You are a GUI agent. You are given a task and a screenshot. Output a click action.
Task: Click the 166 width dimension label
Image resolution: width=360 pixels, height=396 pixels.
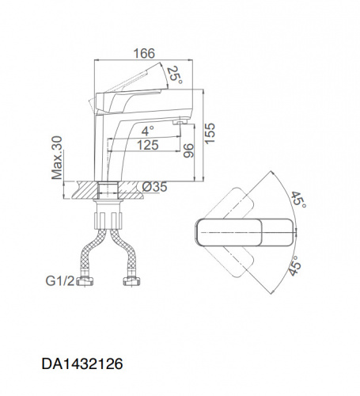click(144, 54)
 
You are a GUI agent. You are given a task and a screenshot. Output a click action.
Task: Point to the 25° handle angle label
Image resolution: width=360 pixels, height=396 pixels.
click(175, 75)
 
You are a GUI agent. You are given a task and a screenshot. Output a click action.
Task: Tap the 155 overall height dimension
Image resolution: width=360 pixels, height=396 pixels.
click(210, 133)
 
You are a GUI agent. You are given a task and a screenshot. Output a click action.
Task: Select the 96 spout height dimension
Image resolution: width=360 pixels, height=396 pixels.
click(188, 150)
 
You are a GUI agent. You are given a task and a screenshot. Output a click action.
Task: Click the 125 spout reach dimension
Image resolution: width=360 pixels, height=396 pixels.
click(148, 145)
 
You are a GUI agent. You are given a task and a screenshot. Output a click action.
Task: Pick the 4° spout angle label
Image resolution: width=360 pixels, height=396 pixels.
click(148, 131)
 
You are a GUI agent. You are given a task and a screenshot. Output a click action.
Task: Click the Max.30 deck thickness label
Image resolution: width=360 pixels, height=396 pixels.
click(57, 158)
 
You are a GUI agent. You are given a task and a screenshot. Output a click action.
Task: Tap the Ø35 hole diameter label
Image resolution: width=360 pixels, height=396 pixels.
click(154, 187)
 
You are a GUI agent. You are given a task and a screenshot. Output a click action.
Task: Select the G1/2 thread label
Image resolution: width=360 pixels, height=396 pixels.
click(60, 281)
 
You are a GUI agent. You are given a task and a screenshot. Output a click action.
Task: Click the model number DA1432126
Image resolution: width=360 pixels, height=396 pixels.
click(82, 364)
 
